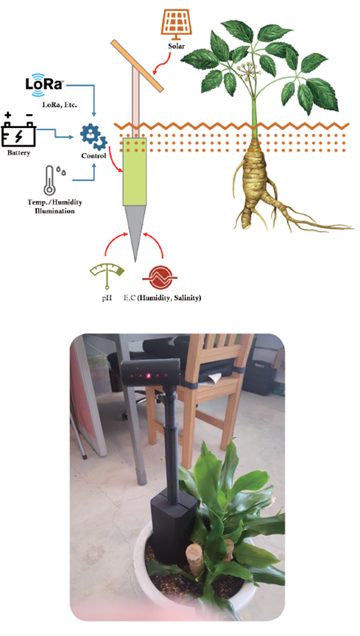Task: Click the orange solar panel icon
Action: (x=176, y=24)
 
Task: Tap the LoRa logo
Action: (x=44, y=84)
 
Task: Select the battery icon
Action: (x=18, y=130)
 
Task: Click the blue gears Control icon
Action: (x=93, y=138)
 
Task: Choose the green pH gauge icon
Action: (x=107, y=276)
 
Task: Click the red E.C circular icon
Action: (x=160, y=278)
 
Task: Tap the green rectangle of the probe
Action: (x=134, y=172)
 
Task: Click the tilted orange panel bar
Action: (x=137, y=65)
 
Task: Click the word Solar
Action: (x=176, y=46)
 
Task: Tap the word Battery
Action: (x=18, y=153)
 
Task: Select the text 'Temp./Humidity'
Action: (x=54, y=202)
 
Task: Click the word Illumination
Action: (x=54, y=211)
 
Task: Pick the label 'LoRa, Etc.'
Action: (x=60, y=105)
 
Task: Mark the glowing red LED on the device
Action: (x=148, y=375)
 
